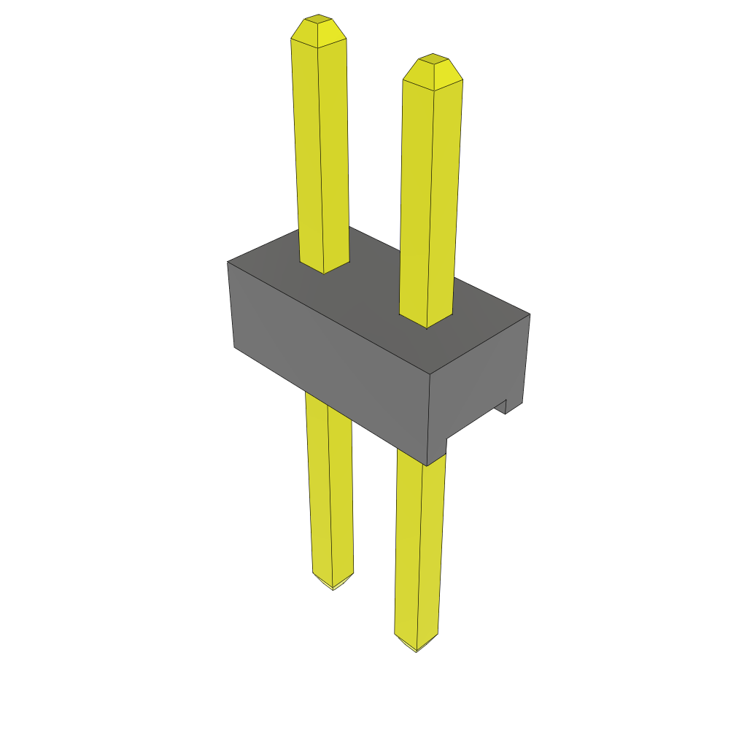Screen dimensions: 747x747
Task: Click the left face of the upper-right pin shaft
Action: tap(416, 197)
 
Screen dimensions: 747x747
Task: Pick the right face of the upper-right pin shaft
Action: tap(445, 197)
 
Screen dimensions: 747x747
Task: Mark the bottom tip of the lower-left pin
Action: tap(333, 588)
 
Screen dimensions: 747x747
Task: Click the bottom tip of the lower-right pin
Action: tap(416, 650)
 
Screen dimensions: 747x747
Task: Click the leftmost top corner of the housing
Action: tap(228, 262)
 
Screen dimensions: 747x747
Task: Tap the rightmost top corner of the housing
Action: tap(530, 314)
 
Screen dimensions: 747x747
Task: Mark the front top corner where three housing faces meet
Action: tap(430, 375)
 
